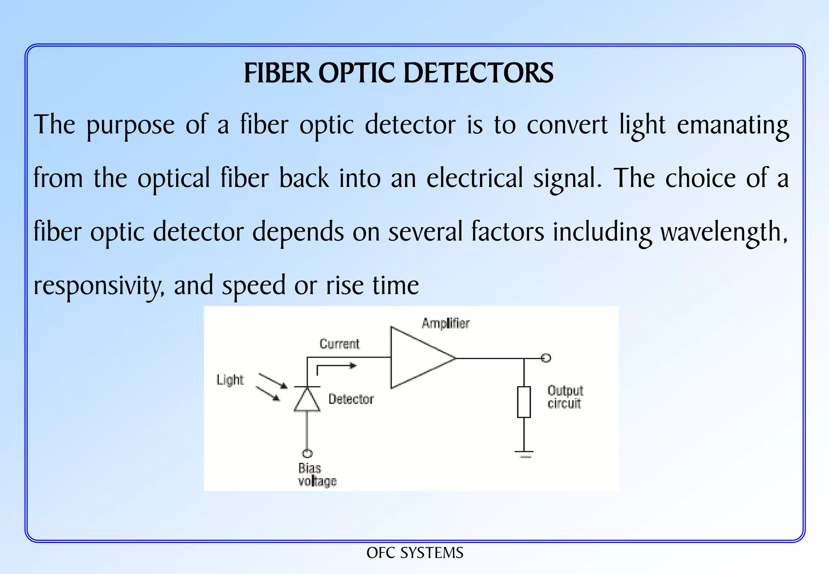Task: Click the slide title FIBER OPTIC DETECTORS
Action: click(399, 73)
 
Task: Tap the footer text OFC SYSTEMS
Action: click(415, 553)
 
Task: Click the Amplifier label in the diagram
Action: click(446, 323)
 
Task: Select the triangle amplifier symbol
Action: click(423, 358)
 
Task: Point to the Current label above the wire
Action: click(339, 344)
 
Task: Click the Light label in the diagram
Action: click(230, 380)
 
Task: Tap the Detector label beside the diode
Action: click(351, 399)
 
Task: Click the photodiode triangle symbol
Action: click(307, 399)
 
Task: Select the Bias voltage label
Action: click(317, 474)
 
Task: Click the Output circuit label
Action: click(565, 397)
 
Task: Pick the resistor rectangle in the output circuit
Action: click(524, 402)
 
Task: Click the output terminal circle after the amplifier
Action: click(546, 358)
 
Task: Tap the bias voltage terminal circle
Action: click(307, 453)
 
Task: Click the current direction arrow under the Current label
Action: click(336, 366)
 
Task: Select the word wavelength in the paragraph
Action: click(724, 232)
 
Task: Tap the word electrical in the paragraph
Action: click(475, 178)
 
